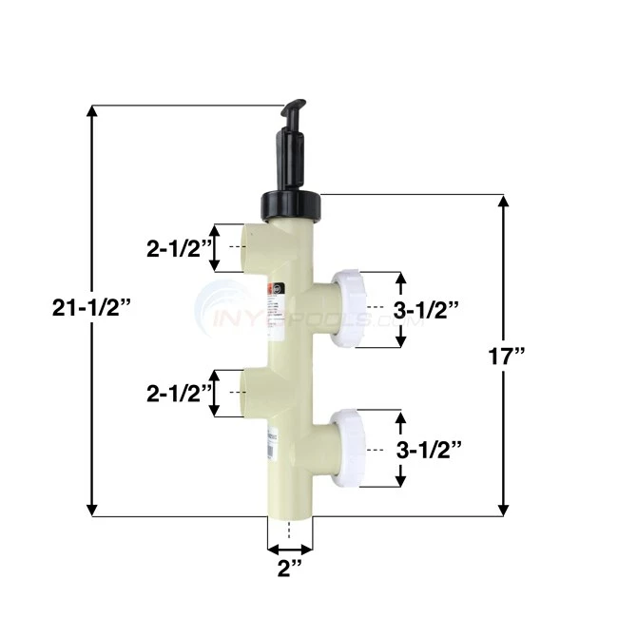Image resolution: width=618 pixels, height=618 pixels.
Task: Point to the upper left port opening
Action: tap(249, 249)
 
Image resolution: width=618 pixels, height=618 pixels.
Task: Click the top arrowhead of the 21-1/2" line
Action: tap(92, 111)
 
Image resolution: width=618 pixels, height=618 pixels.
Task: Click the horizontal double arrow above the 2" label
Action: tap(290, 549)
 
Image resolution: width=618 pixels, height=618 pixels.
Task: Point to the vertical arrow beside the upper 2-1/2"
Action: tap(216, 249)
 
